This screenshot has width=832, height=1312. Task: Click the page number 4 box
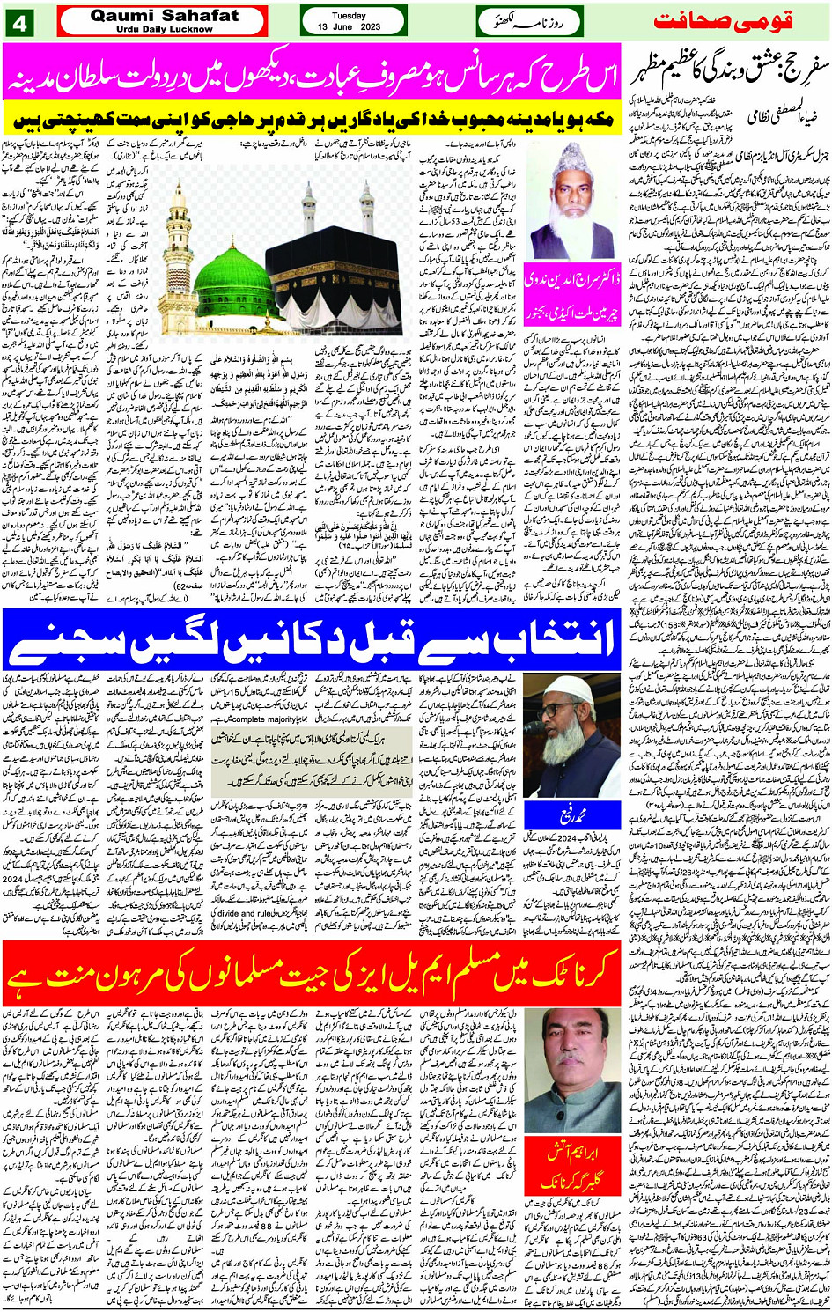(18, 22)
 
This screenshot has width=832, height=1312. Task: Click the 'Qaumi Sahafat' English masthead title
(164, 15)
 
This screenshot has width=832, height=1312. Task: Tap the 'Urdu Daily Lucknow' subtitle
(164, 29)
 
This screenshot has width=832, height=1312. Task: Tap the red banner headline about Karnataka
(313, 974)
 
